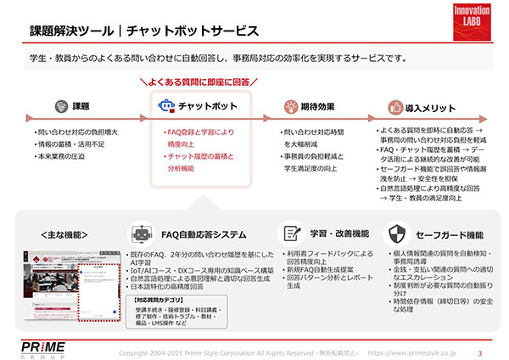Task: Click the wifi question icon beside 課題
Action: point(60,107)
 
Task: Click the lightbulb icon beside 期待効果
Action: point(288,107)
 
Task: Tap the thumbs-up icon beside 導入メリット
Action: point(393,107)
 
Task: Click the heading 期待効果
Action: point(317,107)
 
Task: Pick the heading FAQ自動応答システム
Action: point(204,233)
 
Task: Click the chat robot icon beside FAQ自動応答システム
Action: point(140,233)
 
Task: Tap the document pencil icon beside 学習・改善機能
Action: point(292,233)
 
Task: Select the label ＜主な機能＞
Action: point(64,233)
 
